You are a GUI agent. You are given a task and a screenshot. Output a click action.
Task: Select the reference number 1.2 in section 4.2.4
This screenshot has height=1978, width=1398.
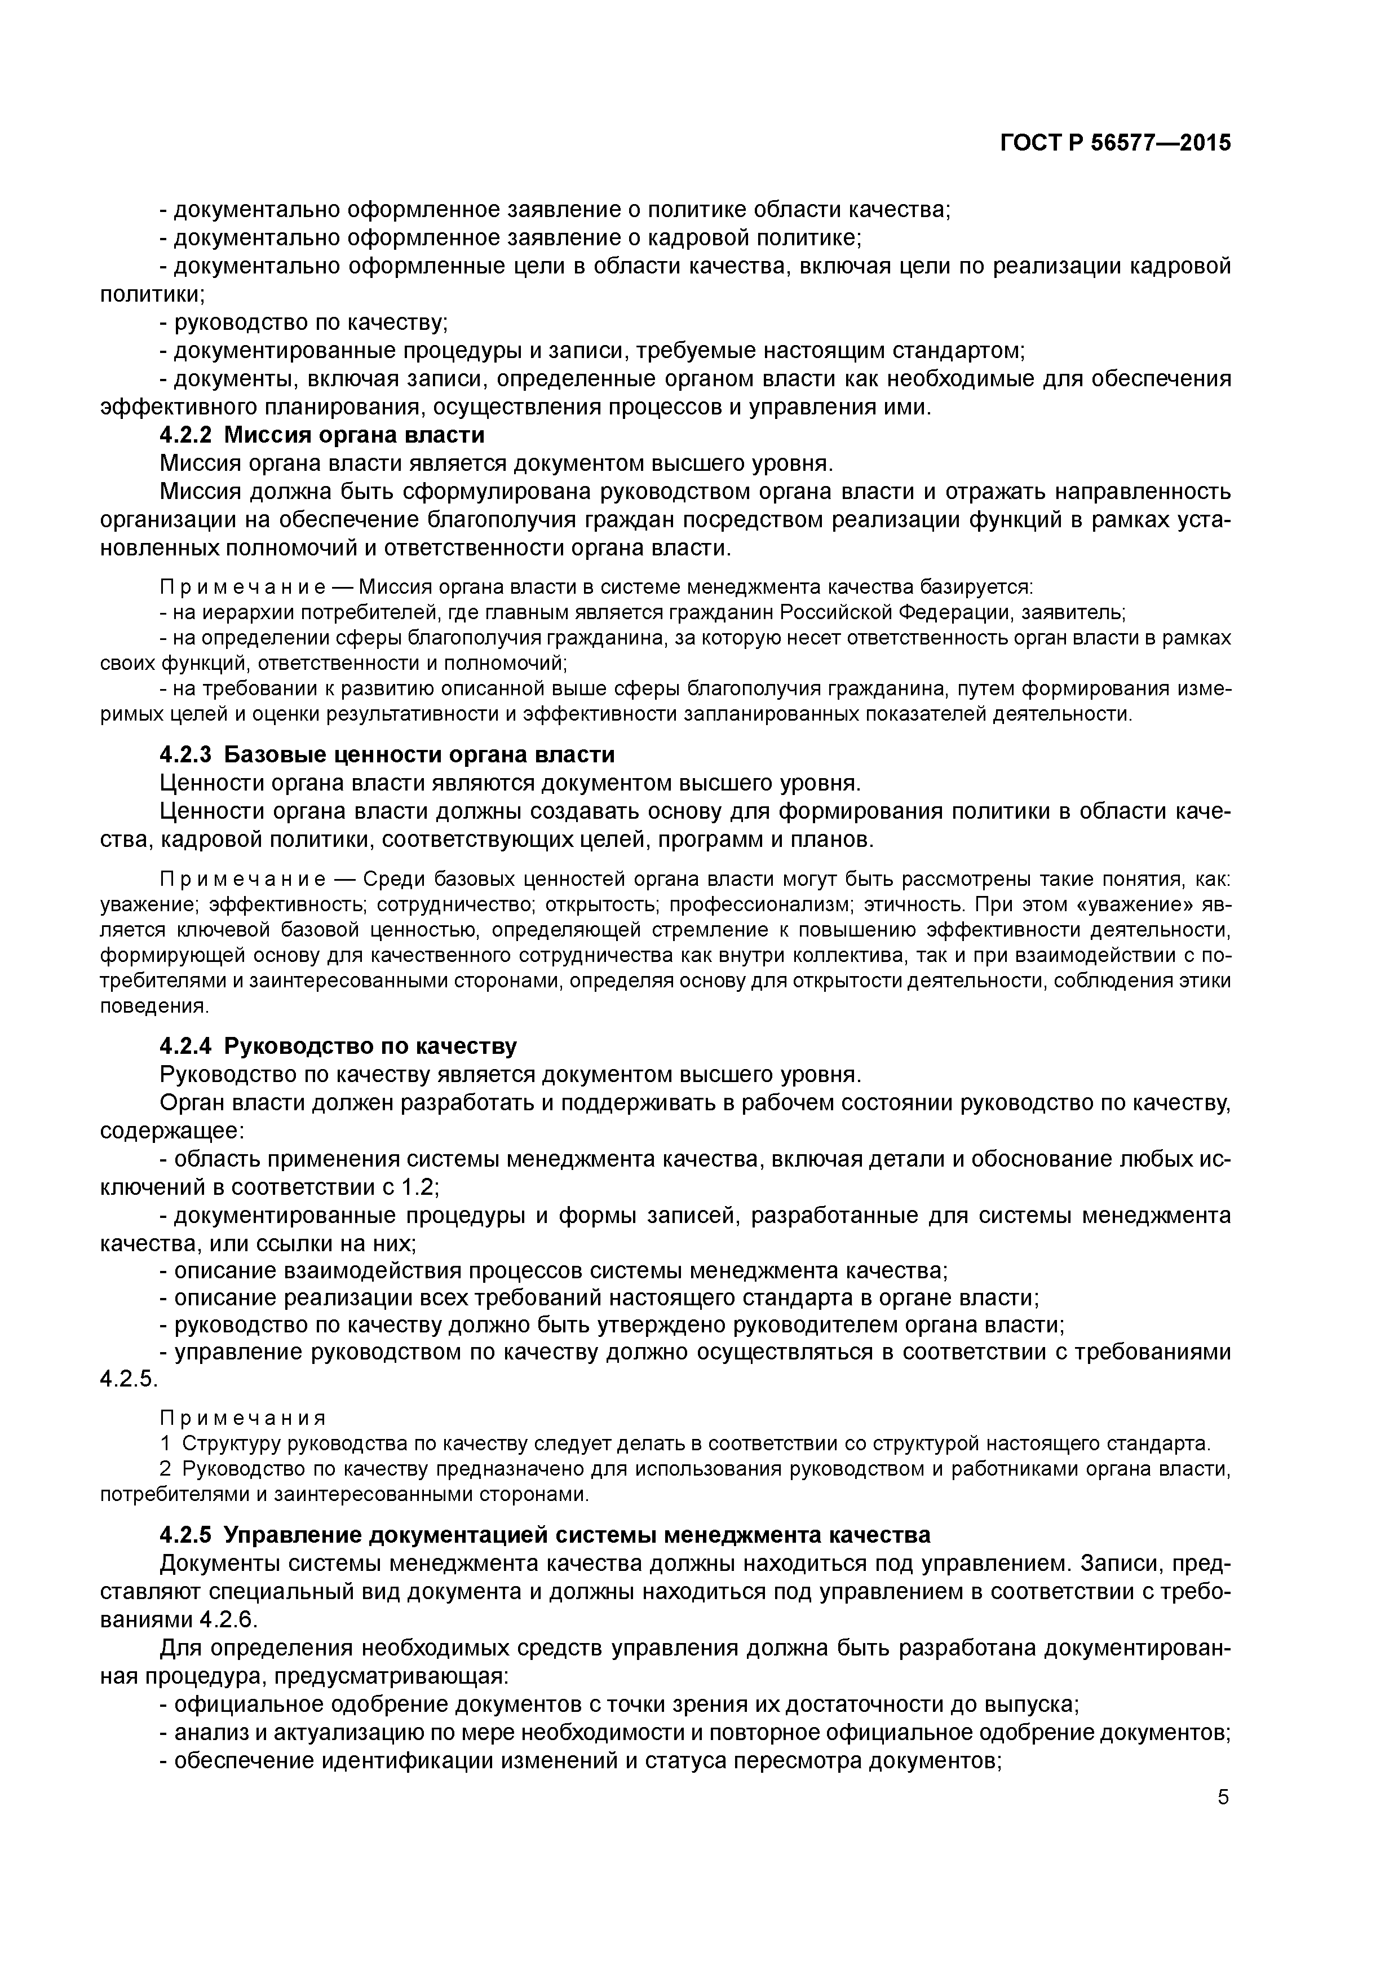pos(419,1187)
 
